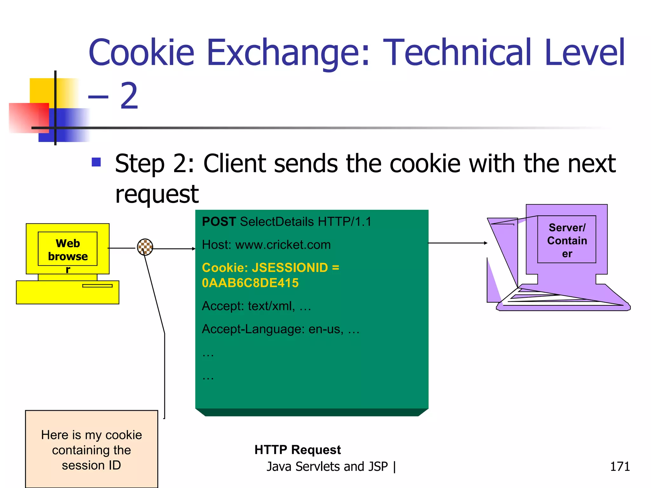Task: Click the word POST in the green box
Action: pos(219,221)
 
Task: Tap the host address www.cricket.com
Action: pos(283,245)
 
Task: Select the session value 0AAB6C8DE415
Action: pos(250,283)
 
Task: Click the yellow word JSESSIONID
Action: pos(290,268)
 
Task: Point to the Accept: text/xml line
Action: pos(256,306)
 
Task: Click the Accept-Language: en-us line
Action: pos(280,329)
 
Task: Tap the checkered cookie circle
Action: pos(145,247)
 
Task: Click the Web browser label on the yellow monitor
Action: pos(68,250)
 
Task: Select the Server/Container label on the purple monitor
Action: pos(567,241)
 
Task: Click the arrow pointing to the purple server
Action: pos(458,243)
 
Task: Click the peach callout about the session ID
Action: pos(92,449)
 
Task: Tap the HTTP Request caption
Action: pos(298,450)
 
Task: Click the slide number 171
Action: pos(620,466)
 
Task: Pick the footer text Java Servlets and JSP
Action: pos(327,466)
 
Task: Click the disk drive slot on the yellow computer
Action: pos(97,286)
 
